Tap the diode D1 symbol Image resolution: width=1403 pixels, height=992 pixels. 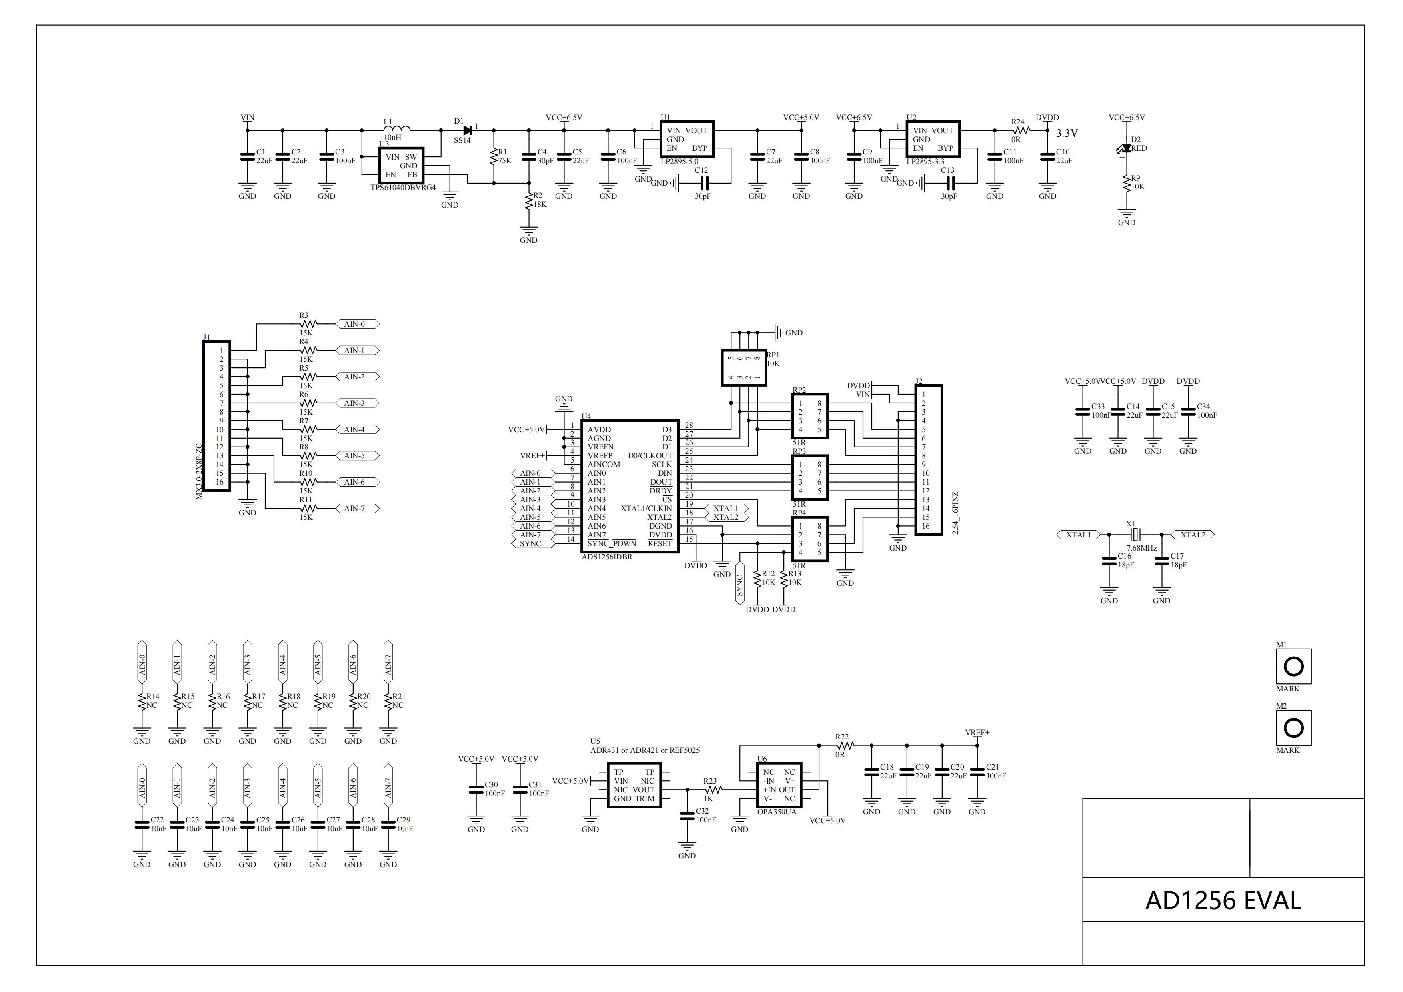[x=468, y=130]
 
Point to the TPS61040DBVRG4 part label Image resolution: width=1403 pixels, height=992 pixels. [x=403, y=188]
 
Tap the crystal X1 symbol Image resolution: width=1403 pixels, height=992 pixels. [x=1135, y=535]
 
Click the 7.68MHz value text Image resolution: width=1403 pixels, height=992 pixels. [x=1141, y=548]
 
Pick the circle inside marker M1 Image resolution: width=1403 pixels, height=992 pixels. [x=1294, y=666]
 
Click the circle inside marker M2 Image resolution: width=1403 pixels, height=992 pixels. [x=1294, y=728]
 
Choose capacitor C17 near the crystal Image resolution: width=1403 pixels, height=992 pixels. [x=1161, y=561]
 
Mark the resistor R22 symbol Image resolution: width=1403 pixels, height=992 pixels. [x=845, y=746]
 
